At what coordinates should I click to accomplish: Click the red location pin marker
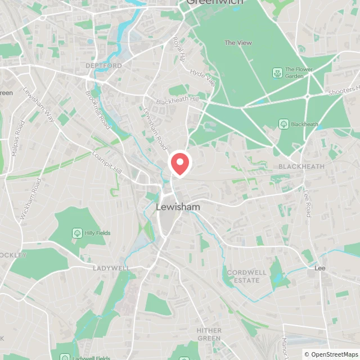point(180,163)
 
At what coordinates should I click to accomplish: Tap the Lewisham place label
point(178,207)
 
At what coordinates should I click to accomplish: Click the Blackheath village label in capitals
point(301,166)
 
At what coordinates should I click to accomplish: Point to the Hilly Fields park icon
point(76,233)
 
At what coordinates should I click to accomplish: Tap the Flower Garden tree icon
point(277,73)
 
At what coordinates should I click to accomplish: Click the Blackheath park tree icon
point(283,124)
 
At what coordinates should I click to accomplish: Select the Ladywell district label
point(111,268)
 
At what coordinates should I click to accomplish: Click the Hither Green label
point(209,334)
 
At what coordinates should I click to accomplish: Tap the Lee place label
point(320,268)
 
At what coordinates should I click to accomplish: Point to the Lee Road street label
point(308,203)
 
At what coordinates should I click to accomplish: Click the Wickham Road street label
point(31,199)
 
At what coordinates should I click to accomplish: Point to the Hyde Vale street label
point(203,78)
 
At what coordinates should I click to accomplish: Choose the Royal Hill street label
point(179,49)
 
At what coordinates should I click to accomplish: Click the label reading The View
point(238,43)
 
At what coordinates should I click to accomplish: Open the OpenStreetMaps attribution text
point(332,354)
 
